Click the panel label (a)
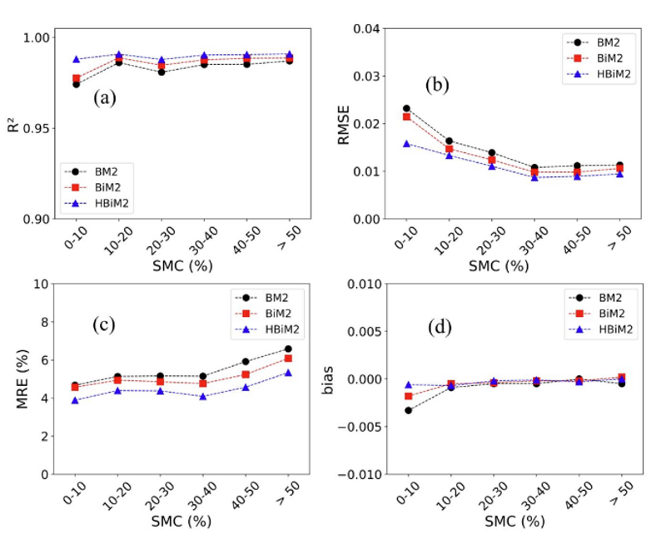[x=105, y=98]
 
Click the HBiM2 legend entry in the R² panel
[x=108, y=202]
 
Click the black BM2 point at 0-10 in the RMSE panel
[x=406, y=108]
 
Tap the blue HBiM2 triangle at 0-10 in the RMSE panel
[x=406, y=144]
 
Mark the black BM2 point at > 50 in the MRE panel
[x=288, y=349]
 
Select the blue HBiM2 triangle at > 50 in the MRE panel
[x=288, y=373]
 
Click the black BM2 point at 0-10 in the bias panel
[x=408, y=410]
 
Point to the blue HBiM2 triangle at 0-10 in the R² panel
[x=76, y=60]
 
